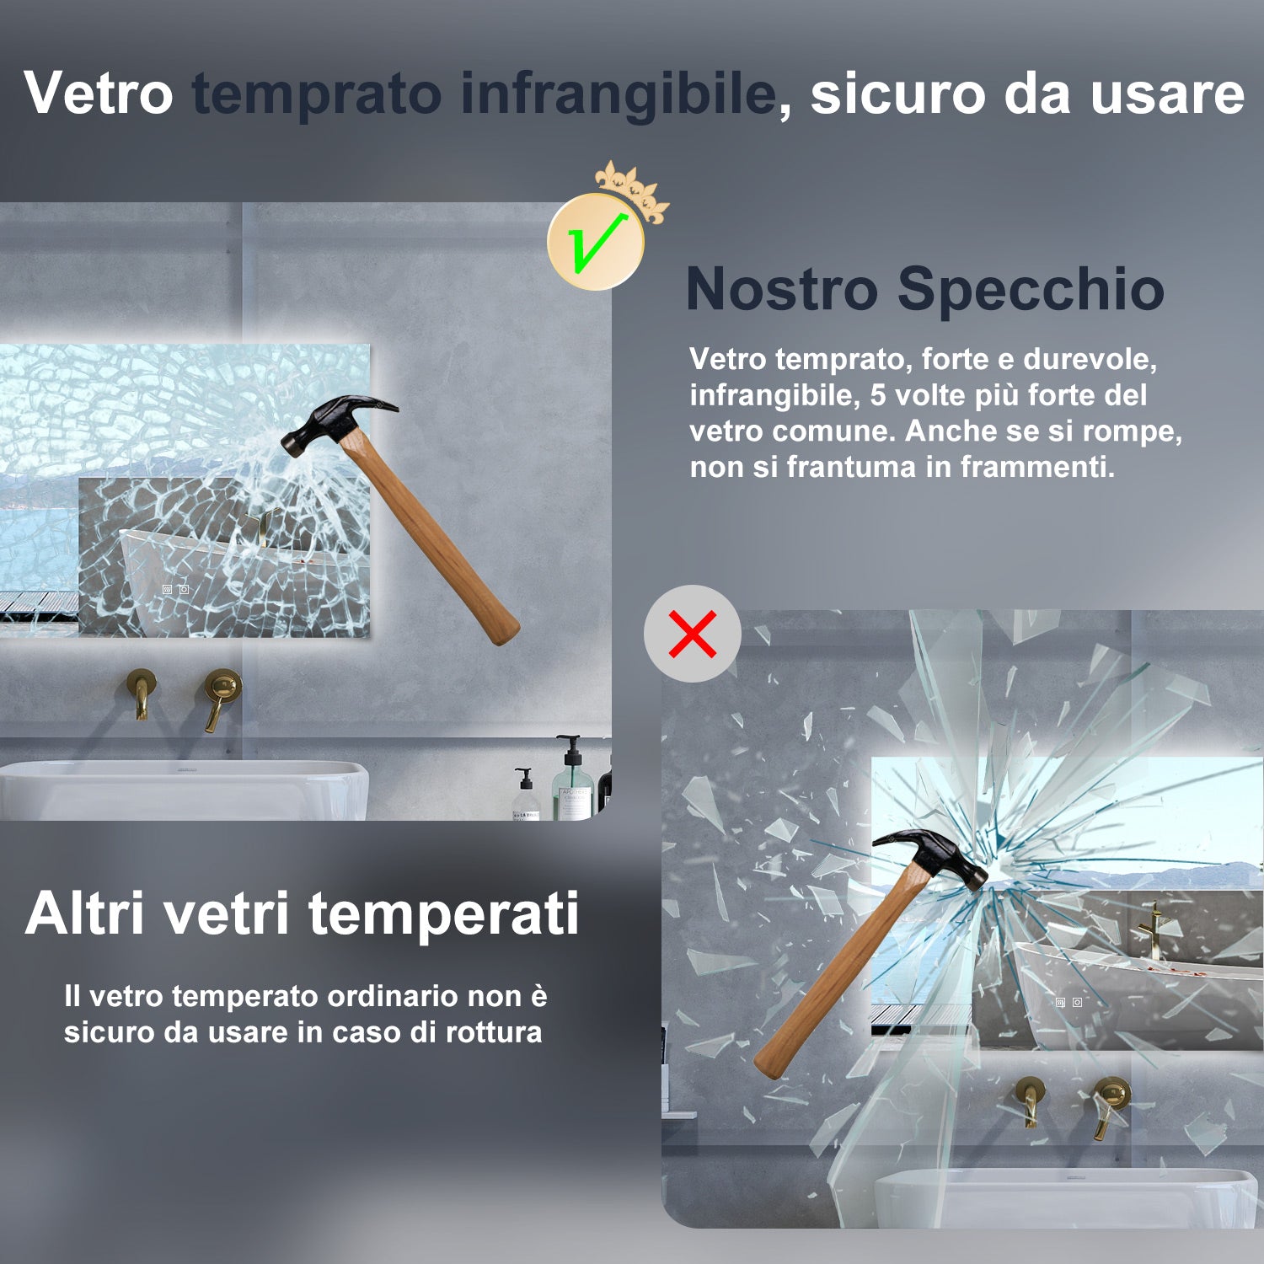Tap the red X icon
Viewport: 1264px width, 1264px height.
click(693, 634)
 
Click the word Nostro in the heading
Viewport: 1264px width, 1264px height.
click(781, 289)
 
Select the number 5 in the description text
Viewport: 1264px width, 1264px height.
click(877, 395)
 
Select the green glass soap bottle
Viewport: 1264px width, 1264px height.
click(573, 784)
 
